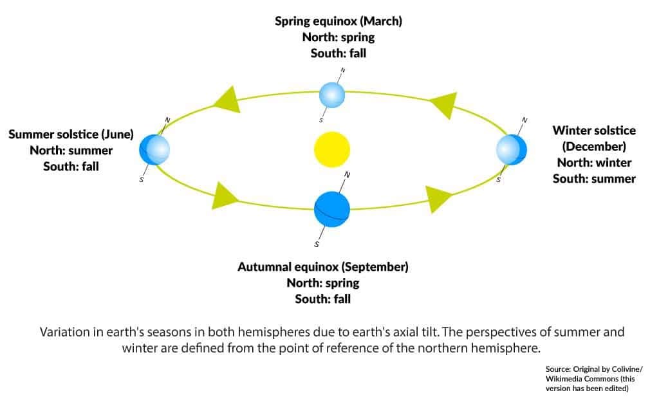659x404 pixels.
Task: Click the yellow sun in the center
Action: click(x=331, y=149)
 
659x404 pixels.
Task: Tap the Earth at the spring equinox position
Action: click(x=332, y=95)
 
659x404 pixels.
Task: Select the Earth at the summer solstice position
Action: click(x=154, y=149)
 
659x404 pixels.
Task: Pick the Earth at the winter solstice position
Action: click(x=512, y=149)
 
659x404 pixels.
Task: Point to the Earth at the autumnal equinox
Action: click(x=331, y=208)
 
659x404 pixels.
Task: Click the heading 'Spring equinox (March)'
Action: click(x=338, y=21)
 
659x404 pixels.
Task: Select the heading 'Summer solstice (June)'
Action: click(x=71, y=134)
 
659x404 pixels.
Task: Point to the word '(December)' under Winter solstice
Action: click(x=594, y=146)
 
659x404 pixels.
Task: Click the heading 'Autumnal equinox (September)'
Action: click(x=322, y=266)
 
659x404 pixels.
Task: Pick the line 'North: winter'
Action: click(x=594, y=162)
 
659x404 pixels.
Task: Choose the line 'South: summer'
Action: click(x=594, y=178)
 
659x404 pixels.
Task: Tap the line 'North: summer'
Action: click(x=71, y=151)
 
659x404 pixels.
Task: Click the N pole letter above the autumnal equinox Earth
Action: click(x=348, y=174)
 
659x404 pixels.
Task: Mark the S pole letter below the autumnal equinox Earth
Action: click(x=317, y=244)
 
